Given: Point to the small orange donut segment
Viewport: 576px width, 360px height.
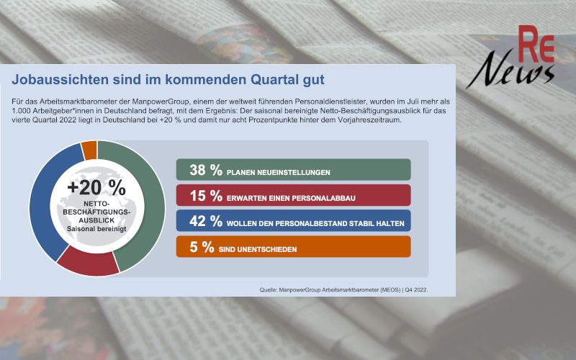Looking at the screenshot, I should click(89, 150).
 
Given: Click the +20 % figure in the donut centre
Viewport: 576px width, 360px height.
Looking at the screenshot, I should click(96, 187).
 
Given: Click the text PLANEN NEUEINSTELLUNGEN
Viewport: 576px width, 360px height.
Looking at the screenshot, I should click(278, 173).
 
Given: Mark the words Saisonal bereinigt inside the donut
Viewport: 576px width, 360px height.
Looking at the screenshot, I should click(96, 229).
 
